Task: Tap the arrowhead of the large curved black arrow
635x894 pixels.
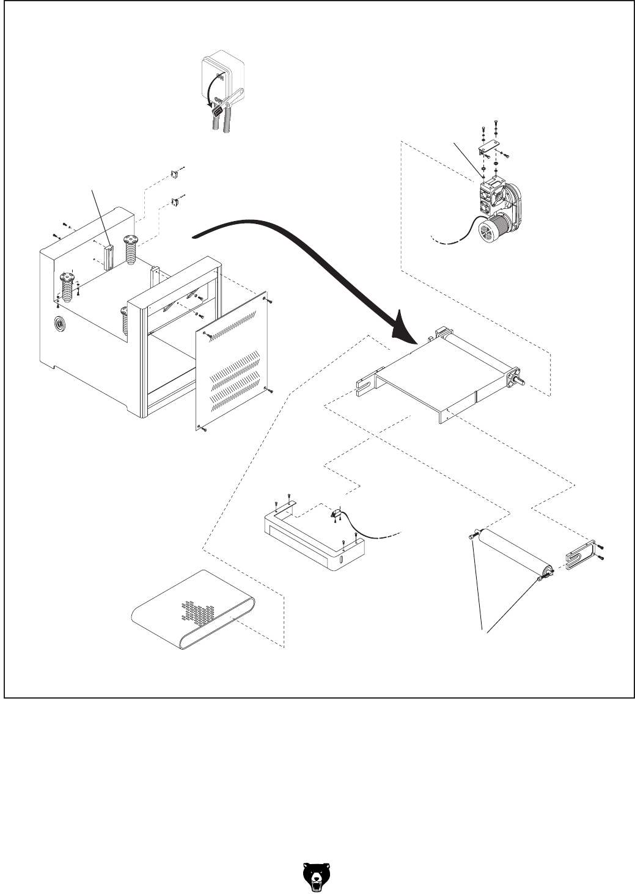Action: coord(403,327)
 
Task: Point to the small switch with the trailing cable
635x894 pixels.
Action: coord(336,514)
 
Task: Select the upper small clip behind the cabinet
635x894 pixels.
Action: coord(175,173)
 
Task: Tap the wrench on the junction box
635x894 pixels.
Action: coord(232,98)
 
